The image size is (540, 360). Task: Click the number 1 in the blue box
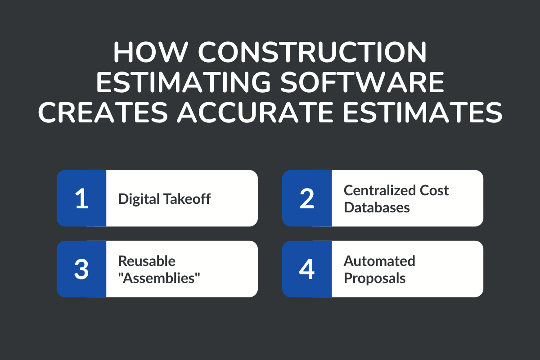[x=81, y=198]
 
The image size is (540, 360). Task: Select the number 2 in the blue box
[x=307, y=198]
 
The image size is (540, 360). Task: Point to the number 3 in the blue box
[x=81, y=269]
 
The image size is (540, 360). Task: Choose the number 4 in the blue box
[x=307, y=269]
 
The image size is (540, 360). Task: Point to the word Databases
[x=377, y=207]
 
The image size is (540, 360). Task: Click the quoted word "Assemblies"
[x=159, y=278]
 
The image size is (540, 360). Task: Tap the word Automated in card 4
[x=379, y=261]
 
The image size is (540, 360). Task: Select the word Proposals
[x=374, y=278]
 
